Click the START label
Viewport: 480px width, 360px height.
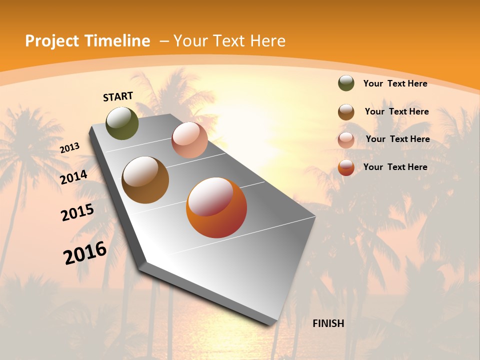(118, 96)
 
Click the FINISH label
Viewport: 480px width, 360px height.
(328, 323)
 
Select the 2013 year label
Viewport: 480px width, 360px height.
(69, 147)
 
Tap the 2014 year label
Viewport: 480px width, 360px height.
(74, 177)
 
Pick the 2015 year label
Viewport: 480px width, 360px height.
(77, 212)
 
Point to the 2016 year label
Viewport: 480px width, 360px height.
(85, 253)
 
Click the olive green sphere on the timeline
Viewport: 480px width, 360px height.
(122, 123)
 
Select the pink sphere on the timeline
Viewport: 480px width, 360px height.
(189, 140)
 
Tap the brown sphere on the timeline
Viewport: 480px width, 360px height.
(145, 179)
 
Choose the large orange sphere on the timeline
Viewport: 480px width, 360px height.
(216, 207)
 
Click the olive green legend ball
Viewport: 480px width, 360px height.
(346, 83)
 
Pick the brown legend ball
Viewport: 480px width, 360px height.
(346, 112)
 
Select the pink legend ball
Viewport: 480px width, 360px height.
(346, 140)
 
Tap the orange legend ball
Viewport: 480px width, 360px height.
(346, 167)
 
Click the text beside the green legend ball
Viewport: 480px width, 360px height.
(395, 83)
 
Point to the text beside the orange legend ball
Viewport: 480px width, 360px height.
(395, 167)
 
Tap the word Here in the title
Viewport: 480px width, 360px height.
(268, 41)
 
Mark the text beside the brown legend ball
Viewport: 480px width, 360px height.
(396, 111)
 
